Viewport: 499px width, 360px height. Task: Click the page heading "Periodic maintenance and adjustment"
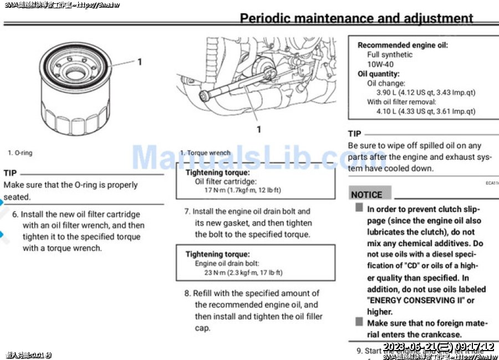point(357,18)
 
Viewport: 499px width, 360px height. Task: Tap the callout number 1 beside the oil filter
point(140,62)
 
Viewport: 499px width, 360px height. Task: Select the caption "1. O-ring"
point(20,153)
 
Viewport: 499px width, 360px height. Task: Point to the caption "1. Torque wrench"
point(205,153)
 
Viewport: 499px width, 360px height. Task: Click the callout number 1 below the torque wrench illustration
point(258,129)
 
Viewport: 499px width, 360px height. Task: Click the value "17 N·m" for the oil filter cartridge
point(216,190)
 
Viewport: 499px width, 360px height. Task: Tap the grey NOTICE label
point(367,195)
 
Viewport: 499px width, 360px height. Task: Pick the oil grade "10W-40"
point(380,64)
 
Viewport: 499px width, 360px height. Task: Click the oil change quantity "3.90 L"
point(386,93)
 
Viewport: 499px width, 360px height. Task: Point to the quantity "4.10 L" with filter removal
point(386,111)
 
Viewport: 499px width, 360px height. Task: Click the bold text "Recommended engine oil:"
point(403,45)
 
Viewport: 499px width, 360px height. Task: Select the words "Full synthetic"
point(390,54)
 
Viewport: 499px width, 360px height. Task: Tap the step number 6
point(15,214)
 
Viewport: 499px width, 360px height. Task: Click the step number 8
point(187,293)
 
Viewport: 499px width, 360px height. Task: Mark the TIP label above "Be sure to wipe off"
point(355,134)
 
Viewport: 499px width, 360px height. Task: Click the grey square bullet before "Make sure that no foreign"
point(359,322)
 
